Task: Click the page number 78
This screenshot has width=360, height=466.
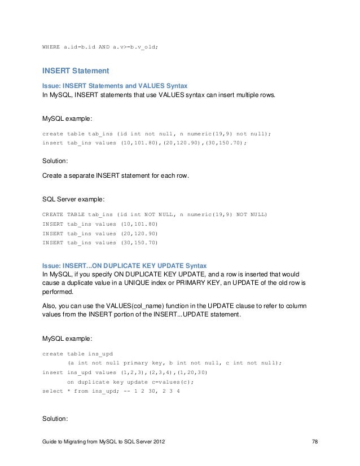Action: tap(315, 448)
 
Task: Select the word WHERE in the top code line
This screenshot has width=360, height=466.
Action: tap(52, 46)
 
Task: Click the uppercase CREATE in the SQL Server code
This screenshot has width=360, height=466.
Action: tap(52, 215)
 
